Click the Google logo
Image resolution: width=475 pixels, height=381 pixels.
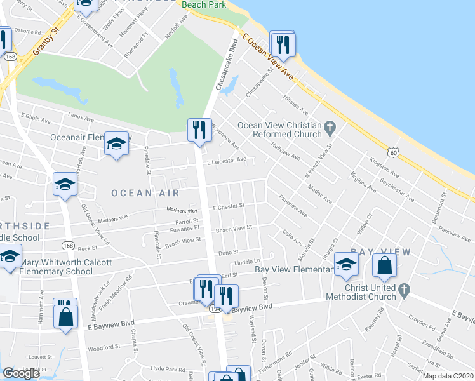click(21, 373)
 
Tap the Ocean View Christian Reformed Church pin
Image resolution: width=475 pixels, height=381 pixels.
click(329, 129)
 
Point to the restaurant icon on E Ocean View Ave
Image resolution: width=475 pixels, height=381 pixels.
click(282, 44)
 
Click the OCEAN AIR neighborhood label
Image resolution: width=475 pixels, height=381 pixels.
click(141, 192)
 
